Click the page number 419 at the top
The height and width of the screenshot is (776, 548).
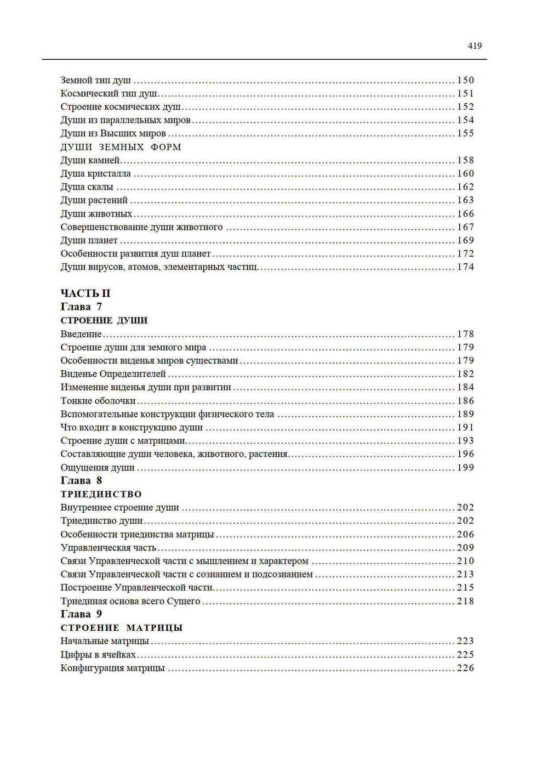coord(475,46)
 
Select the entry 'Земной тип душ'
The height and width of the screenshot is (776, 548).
coord(95,80)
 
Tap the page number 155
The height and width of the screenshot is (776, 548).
coord(465,133)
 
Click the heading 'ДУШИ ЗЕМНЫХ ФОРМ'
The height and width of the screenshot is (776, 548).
coord(121,147)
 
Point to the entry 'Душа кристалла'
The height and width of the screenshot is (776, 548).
coord(95,174)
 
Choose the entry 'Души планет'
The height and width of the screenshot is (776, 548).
coord(89,240)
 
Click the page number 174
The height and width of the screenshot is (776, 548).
coord(465,267)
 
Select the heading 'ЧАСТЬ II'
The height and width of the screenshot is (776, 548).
coord(85,293)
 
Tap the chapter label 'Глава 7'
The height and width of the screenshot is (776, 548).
coord(81,307)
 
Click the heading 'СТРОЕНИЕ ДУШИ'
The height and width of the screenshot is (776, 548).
coord(104,320)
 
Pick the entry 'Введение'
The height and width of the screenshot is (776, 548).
coord(81,334)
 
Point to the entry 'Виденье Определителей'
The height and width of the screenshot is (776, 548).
coord(113,374)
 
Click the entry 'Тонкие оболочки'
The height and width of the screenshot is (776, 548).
coord(98,401)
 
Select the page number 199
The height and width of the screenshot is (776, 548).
coord(465,468)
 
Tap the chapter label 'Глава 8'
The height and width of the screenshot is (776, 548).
coord(81,480)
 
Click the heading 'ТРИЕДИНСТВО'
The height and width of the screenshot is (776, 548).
coord(101,494)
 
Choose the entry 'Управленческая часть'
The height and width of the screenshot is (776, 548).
coord(109,548)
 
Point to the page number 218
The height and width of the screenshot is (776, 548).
coord(465,601)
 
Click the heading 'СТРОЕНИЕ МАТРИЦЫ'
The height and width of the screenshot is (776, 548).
coord(121,628)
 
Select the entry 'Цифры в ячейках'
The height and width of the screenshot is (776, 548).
coord(98,655)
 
